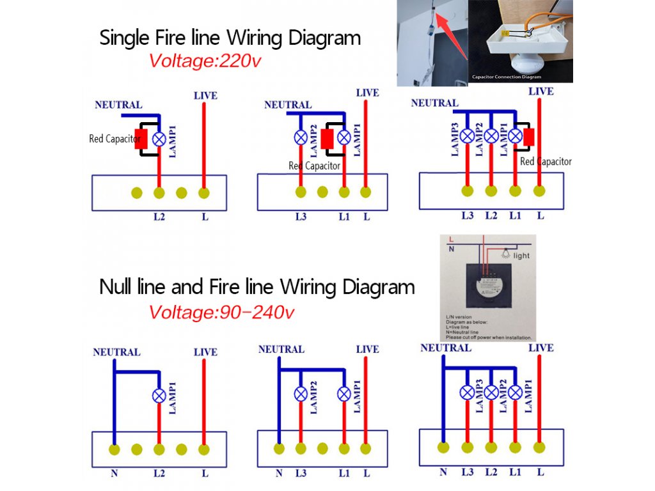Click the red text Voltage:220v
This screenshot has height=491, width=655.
pyautogui.click(x=205, y=61)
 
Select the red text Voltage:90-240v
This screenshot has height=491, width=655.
pyautogui.click(x=221, y=313)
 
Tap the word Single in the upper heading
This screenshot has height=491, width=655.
pyautogui.click(x=125, y=38)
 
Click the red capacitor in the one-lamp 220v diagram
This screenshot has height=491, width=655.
pyautogui.click(x=141, y=139)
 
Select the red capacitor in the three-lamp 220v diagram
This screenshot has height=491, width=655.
pyautogui.click(x=529, y=137)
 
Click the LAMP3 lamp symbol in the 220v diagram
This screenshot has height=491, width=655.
pyautogui.click(x=468, y=136)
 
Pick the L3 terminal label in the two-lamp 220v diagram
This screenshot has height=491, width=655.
pyautogui.click(x=301, y=217)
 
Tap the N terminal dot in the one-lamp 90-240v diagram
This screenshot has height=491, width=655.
pyautogui.click(x=114, y=449)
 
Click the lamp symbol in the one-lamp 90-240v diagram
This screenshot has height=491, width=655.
pyautogui.click(x=159, y=396)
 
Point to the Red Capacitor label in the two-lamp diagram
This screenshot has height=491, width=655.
pyautogui.click(x=314, y=166)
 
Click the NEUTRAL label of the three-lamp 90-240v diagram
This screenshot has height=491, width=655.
pyautogui.click(x=445, y=348)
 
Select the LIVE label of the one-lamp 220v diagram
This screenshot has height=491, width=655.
pyautogui.click(x=205, y=96)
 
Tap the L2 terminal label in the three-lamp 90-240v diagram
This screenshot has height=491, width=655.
pyautogui.click(x=491, y=472)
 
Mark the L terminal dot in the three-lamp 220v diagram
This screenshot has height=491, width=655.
pyautogui.click(x=539, y=191)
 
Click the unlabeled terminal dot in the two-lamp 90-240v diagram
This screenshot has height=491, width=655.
pyautogui.click(x=322, y=449)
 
